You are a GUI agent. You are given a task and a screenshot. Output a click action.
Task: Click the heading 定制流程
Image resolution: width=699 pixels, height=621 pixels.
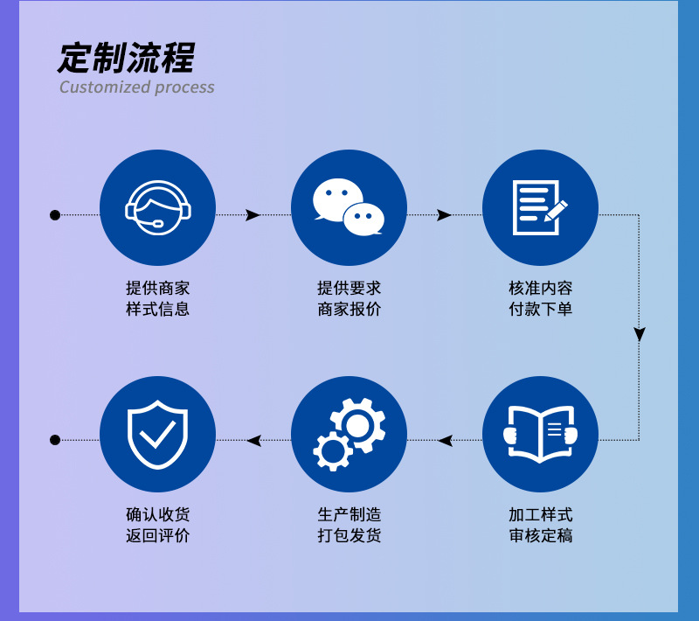click(127, 58)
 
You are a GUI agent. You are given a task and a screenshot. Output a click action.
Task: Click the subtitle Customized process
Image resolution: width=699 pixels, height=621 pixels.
click(136, 87)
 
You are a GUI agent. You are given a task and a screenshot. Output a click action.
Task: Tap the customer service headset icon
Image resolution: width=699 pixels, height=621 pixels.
click(157, 207)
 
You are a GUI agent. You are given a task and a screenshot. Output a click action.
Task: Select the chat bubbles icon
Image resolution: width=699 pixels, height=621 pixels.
click(349, 207)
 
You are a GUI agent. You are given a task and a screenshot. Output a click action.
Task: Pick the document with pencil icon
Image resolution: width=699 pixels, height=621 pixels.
click(540, 207)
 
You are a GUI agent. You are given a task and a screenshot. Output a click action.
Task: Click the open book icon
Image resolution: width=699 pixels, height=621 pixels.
click(540, 434)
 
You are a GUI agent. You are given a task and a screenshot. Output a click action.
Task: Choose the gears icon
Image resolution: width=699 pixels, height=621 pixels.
click(349, 434)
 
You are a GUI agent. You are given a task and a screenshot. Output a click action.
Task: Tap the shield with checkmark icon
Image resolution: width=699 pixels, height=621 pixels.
click(157, 434)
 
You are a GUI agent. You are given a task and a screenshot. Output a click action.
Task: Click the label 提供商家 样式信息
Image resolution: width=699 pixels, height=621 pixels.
click(157, 298)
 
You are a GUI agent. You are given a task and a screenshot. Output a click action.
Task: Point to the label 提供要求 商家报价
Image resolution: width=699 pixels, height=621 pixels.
click(349, 298)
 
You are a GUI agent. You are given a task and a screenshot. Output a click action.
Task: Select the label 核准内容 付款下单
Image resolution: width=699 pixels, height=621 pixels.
click(540, 298)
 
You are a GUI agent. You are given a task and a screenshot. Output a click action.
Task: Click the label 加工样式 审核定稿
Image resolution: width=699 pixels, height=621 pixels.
click(540, 525)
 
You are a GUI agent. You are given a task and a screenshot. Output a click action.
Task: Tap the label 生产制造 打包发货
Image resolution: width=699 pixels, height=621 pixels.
click(349, 525)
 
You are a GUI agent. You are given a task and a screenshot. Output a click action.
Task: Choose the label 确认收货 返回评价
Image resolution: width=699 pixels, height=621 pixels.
click(157, 525)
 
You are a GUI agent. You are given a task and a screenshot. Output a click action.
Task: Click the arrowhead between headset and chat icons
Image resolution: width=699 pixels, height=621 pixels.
click(253, 215)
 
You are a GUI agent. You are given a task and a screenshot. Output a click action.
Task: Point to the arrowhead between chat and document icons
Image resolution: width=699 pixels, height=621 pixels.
click(445, 215)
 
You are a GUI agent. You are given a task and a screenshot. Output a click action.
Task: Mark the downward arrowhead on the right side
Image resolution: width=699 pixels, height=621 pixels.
click(640, 335)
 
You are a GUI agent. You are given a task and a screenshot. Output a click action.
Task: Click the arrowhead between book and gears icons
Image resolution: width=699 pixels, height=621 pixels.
click(446, 440)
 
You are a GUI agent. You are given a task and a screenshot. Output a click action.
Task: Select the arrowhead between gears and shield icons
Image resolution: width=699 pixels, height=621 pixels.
click(254, 440)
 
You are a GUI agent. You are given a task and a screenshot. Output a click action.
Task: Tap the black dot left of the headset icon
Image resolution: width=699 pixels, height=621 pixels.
click(55, 215)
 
